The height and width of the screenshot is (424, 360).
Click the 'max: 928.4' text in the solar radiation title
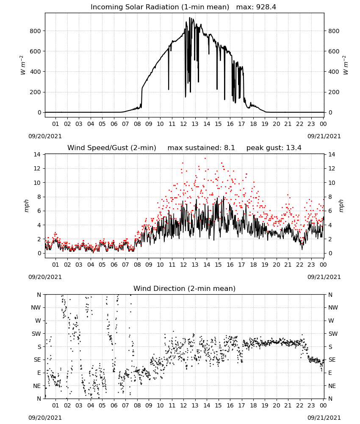pyautogui.click(x=256, y=7)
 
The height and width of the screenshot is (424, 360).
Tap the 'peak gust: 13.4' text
pyautogui.click(x=274, y=148)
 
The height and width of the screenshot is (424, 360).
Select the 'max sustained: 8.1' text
pyautogui.click(x=201, y=148)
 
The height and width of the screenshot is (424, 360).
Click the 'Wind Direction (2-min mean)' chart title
pyautogui.click(x=185, y=288)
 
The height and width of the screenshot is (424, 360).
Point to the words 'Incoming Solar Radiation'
pyautogui.click(x=135, y=7)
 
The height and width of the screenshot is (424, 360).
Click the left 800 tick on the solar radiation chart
pyautogui.click(x=36, y=31)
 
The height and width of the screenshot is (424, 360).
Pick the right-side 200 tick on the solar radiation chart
pyautogui.click(x=334, y=92)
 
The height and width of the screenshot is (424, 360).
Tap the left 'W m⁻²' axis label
pyautogui.click(x=23, y=65)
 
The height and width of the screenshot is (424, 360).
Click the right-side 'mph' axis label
pyautogui.click(x=341, y=206)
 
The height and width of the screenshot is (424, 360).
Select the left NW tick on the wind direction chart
pyautogui.click(x=36, y=307)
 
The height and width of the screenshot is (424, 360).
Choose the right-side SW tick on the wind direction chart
pyautogui.click(x=333, y=334)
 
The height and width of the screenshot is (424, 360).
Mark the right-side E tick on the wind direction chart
pyautogui.click(x=330, y=373)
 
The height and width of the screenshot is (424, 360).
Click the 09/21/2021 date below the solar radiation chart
pyautogui.click(x=324, y=136)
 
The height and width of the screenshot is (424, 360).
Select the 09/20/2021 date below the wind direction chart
pyautogui.click(x=45, y=418)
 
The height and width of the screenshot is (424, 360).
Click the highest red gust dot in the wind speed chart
pyautogui.click(x=205, y=158)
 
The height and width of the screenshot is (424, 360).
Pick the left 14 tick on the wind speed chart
pyautogui.click(x=37, y=154)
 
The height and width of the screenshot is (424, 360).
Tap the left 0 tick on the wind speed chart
pyautogui.click(x=39, y=254)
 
